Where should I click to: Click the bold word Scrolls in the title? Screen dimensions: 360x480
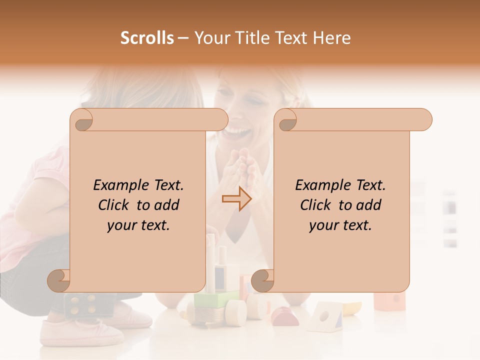click(x=147, y=38)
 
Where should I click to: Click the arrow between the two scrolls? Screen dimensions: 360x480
click(x=237, y=198)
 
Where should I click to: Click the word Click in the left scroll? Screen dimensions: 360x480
click(x=115, y=205)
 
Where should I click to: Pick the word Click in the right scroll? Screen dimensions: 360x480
click(x=317, y=205)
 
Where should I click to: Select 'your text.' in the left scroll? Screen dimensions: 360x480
click(x=138, y=225)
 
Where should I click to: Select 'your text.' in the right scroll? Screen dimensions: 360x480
click(x=340, y=225)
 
